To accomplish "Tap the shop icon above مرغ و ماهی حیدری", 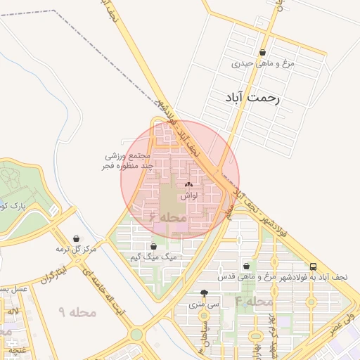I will [x=263, y=52].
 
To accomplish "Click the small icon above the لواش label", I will [x=188, y=185].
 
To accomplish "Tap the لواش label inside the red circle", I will [x=188, y=196].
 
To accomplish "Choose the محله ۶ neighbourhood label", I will [x=166, y=218].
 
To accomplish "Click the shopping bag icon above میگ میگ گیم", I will [x=153, y=246].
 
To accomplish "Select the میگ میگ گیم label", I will [x=153, y=257].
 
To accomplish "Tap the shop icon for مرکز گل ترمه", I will [x=76, y=239].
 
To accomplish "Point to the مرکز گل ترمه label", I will [x=76, y=250].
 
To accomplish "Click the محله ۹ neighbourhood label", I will [x=71, y=311].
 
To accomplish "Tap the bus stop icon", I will [x=313, y=266].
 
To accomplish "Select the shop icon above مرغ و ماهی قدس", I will [x=246, y=266].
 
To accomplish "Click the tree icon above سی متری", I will [x=204, y=294].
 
